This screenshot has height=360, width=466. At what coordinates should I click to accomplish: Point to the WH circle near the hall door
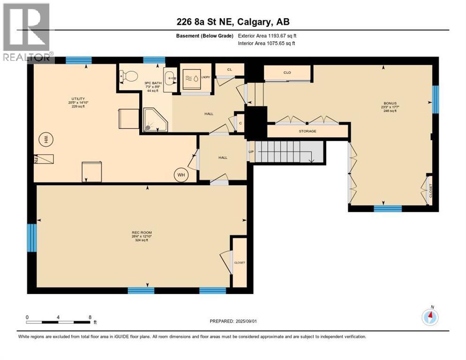click(181, 175)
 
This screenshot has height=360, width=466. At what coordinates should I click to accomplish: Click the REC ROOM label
click(142, 233)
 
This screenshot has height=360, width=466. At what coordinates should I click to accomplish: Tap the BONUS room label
click(390, 103)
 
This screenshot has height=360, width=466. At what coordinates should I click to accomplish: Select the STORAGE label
click(308, 131)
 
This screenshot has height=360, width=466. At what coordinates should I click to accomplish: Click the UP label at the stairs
click(251, 151)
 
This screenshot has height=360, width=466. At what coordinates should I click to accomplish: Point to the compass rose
click(430, 317)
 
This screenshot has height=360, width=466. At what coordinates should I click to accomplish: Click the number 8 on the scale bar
click(90, 317)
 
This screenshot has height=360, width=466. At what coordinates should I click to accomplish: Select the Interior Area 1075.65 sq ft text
click(267, 44)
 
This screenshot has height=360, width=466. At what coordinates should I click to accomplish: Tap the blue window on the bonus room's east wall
click(435, 99)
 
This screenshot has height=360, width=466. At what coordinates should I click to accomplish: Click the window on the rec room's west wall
click(31, 238)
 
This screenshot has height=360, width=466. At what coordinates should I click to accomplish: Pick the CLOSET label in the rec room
click(240, 263)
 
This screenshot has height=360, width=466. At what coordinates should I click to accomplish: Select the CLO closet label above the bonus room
click(287, 73)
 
